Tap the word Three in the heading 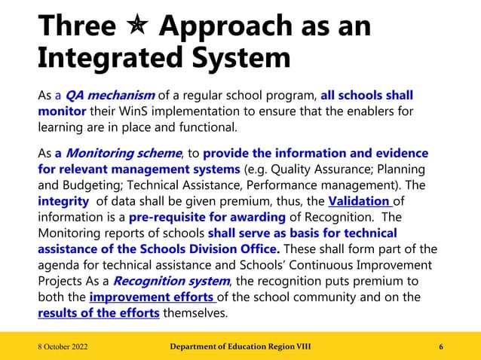(75, 27)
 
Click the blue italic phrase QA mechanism (110, 96)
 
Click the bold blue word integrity (63, 201)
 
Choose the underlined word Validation (360, 201)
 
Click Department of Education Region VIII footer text (240, 346)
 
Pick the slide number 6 (440, 346)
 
